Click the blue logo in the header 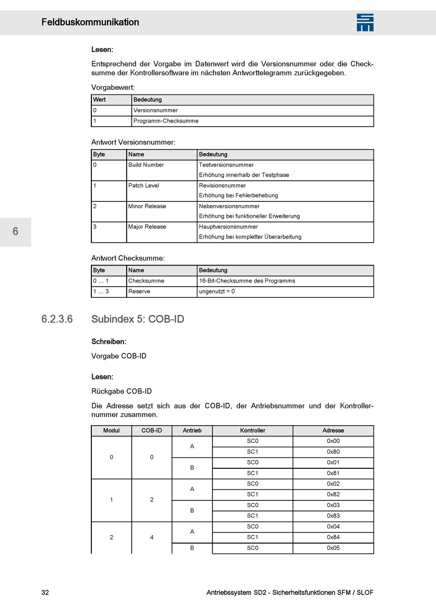[x=365, y=22]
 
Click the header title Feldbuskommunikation [x=90, y=22]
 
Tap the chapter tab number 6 [x=16, y=232]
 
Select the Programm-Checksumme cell [x=166, y=121]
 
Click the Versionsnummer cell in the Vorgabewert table [x=155, y=111]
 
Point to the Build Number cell [x=146, y=165]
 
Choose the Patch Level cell [x=144, y=186]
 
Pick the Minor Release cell [x=147, y=206]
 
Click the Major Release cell [x=147, y=227]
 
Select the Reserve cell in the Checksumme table [x=139, y=292]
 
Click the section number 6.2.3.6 [x=57, y=319]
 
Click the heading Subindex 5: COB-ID [x=138, y=319]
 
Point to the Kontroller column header [x=252, y=431]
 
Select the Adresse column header [x=333, y=431]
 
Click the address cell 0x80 [x=333, y=452]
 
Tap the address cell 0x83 [x=333, y=516]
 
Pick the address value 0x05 [x=333, y=548]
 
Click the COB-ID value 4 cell [x=151, y=538]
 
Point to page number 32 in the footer [x=45, y=593]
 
